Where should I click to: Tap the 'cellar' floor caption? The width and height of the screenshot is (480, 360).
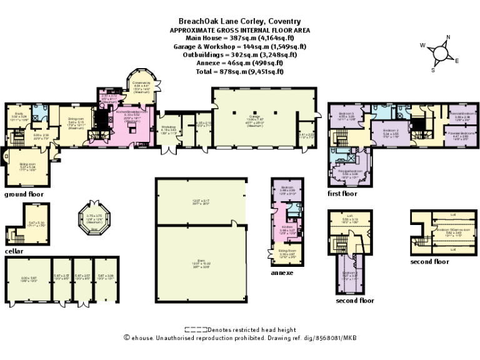pos(14,251)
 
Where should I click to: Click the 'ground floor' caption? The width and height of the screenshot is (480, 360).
pos(24,194)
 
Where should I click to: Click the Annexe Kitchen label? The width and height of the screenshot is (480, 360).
pos(287,227)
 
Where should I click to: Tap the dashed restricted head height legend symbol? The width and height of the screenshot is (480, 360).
pos(196,329)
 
